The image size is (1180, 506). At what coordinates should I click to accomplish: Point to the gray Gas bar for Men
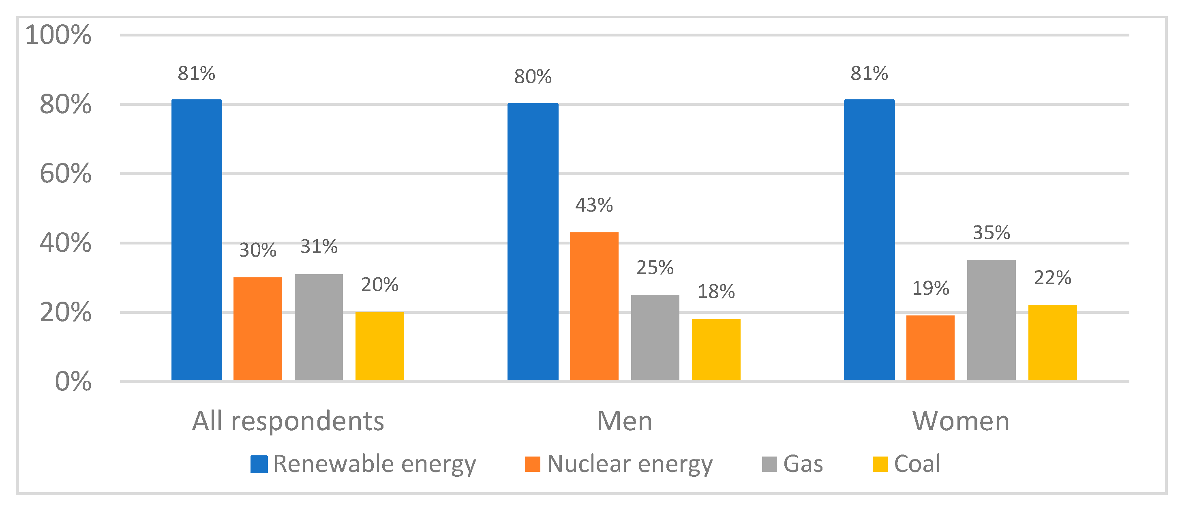(655, 337)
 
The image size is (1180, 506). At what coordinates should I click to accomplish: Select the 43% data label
(594, 205)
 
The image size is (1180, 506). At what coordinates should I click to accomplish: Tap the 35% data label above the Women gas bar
(991, 233)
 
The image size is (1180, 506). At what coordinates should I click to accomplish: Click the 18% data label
(715, 292)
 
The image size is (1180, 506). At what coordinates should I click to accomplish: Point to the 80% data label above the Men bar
(532, 77)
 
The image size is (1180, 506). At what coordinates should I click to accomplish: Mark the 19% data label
(930, 288)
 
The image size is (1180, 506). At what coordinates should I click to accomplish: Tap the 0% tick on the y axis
(73, 382)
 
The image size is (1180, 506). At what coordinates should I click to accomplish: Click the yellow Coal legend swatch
(880, 464)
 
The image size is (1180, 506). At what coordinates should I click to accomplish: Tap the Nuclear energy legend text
(630, 464)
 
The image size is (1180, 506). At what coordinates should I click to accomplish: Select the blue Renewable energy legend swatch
(259, 464)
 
